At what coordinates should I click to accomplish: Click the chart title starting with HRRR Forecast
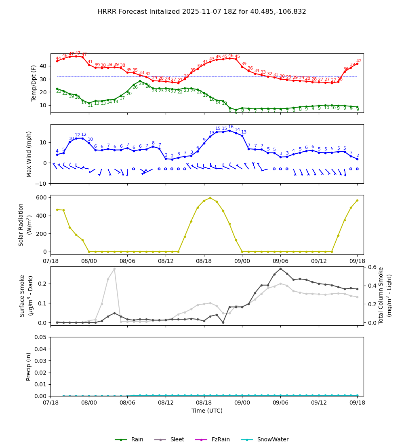(202, 12)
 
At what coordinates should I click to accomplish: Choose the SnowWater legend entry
(273, 440)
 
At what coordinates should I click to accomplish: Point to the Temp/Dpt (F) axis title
(34, 83)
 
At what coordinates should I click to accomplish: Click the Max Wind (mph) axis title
(29, 154)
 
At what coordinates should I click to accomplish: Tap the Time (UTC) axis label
(207, 411)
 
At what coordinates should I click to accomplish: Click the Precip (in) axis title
(29, 367)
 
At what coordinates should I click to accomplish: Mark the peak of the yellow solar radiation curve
(210, 198)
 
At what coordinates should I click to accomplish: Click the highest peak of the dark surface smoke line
(280, 269)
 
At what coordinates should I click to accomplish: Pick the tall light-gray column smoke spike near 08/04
(114, 269)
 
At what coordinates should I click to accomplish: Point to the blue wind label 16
(231, 127)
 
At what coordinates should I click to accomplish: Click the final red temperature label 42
(359, 61)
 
